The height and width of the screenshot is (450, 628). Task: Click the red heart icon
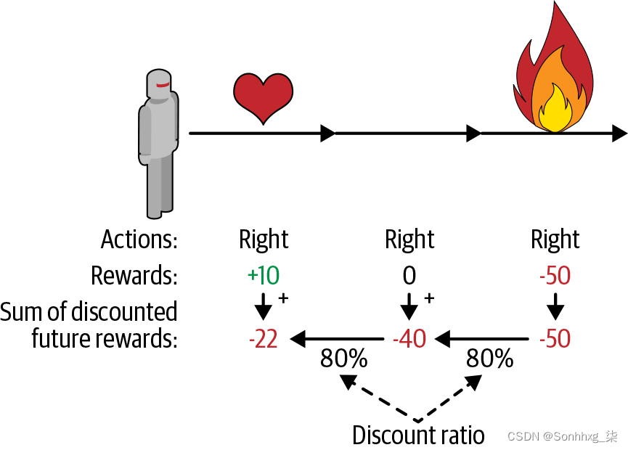click(263, 97)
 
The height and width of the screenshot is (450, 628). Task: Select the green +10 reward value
click(264, 275)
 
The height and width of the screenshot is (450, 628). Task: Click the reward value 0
click(409, 275)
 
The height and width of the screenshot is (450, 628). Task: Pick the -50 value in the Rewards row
click(555, 275)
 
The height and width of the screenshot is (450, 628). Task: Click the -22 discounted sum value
click(263, 338)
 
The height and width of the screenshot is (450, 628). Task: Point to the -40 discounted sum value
click(409, 338)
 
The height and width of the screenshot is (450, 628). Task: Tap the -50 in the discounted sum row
click(555, 338)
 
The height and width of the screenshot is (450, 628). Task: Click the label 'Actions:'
click(139, 240)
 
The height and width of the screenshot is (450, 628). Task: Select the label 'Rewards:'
click(134, 276)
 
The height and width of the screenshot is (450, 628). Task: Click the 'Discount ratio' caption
click(418, 435)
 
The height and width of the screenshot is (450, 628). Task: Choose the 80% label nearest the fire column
click(489, 359)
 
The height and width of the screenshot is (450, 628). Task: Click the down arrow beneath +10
click(264, 307)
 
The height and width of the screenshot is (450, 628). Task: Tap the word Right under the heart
click(264, 240)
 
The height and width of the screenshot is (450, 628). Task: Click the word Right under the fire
click(555, 240)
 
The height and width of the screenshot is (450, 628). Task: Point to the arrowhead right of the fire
click(619, 133)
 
